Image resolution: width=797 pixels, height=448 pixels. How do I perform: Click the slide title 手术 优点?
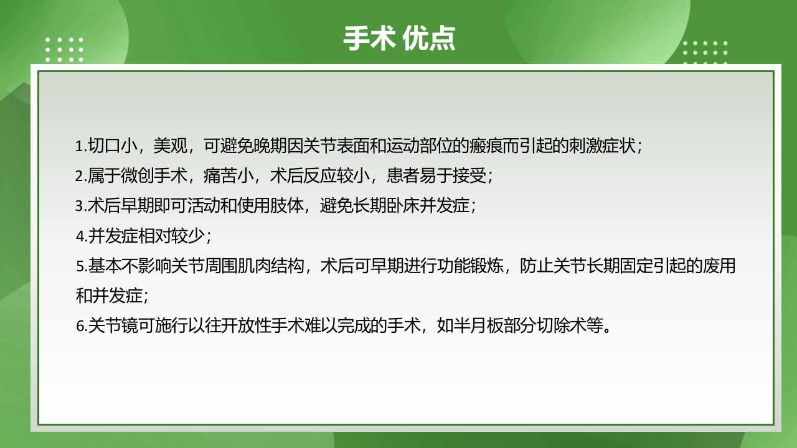pyautogui.click(x=398, y=39)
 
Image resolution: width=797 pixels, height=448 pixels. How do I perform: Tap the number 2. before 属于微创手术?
pyautogui.click(x=81, y=177)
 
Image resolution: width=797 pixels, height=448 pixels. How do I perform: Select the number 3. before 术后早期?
pyautogui.click(x=81, y=206)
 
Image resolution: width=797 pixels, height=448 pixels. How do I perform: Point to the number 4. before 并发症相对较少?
pyautogui.click(x=81, y=236)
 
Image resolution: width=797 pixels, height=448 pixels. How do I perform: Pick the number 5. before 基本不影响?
pyautogui.click(x=81, y=266)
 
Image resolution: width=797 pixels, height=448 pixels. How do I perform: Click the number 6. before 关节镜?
pyautogui.click(x=81, y=326)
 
